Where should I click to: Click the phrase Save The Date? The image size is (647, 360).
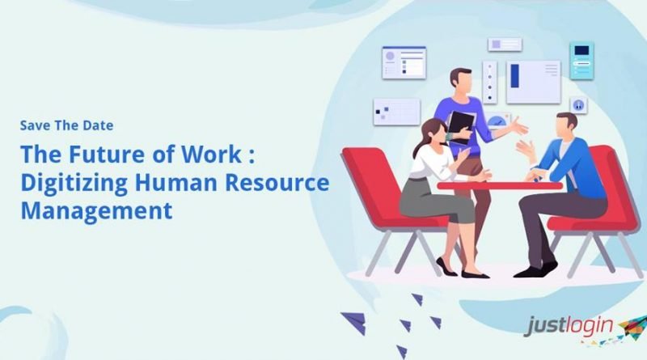67,125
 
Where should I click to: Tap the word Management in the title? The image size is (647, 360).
96,210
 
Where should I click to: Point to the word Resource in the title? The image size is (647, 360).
277,183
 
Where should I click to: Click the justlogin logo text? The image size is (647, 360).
569,326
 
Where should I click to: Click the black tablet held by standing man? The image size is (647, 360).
460,128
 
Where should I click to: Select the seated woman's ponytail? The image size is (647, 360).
418,143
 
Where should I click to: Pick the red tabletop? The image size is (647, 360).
500,186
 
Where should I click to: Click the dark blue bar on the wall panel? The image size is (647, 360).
514,76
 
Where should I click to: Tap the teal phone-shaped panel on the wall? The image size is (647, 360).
581,61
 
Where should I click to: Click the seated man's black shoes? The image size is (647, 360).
535,269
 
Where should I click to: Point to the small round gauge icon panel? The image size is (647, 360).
578,105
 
